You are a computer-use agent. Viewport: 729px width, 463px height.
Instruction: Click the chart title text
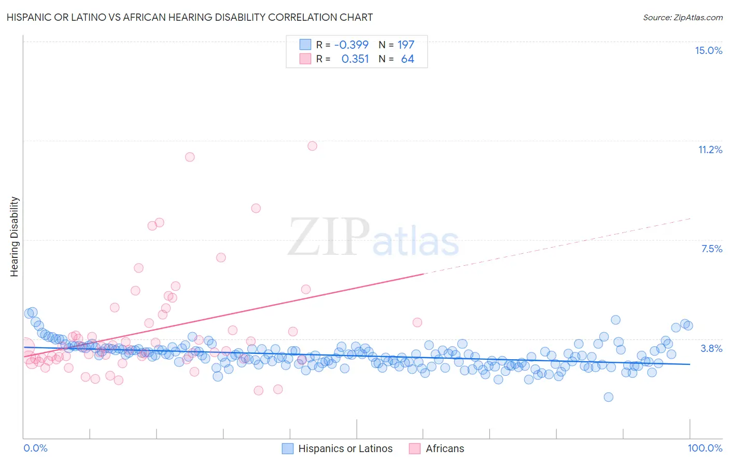tap(190, 17)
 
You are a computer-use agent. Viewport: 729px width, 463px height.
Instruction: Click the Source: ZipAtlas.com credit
tap(682, 17)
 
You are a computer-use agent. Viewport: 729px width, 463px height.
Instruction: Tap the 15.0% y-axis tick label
tap(708, 50)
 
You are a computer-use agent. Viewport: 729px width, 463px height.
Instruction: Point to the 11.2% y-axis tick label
tap(710, 149)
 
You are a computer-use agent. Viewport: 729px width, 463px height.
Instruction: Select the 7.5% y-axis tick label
tap(711, 249)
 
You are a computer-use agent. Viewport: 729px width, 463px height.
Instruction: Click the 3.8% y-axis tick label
tap(711, 348)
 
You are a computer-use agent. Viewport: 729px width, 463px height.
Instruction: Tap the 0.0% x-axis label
tap(35, 448)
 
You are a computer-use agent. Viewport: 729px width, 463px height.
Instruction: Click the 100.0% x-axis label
tap(705, 448)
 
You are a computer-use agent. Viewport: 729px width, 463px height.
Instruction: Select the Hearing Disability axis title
tap(15, 236)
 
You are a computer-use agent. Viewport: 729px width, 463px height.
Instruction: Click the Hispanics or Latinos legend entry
tap(338, 448)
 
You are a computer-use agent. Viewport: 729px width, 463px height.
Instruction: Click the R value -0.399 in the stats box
tap(351, 45)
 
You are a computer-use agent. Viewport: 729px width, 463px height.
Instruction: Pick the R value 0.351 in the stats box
tap(355, 59)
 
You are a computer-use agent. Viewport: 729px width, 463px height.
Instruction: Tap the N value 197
tap(406, 45)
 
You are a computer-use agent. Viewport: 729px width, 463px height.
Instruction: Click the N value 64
tap(408, 59)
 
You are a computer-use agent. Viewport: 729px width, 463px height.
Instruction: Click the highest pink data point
tap(312, 146)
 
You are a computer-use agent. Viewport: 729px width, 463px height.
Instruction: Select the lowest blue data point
tap(608, 397)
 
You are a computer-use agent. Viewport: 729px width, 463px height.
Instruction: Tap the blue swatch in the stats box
tap(305, 45)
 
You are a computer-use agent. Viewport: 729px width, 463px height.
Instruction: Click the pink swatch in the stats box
tap(305, 59)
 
